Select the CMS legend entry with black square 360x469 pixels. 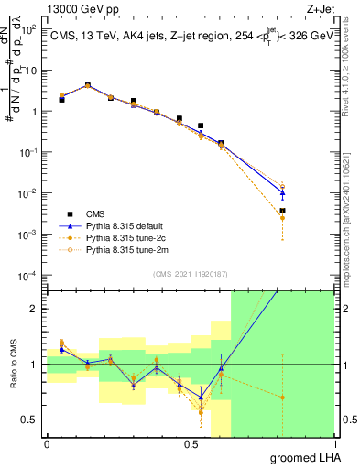[x=100, y=211]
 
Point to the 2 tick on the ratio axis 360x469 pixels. [x=35, y=309]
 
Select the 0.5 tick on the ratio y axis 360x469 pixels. [x=30, y=420]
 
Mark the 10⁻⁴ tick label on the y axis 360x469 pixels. [x=28, y=275]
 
